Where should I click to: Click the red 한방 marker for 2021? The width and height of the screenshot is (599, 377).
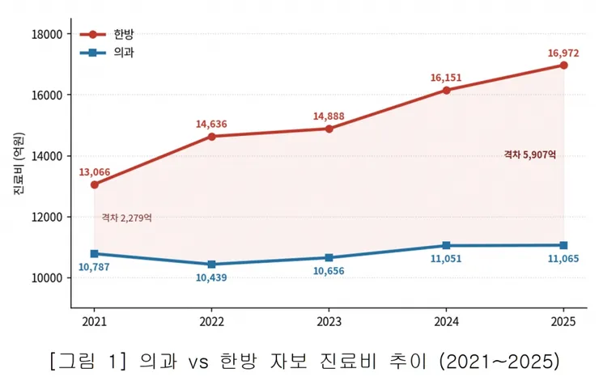pos(95,185)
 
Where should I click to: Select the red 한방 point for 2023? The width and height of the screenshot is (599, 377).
pos(329,129)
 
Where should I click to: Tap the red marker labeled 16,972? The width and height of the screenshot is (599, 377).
pos(563,66)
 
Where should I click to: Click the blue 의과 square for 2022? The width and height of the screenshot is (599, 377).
pos(211,265)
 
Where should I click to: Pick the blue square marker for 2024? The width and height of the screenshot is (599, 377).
pos(446,246)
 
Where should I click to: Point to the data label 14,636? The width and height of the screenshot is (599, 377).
pos(211,124)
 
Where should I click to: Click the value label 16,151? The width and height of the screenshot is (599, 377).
pos(446,78)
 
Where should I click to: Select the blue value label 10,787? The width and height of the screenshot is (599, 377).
pos(94,267)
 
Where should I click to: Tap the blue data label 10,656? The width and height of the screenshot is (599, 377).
pos(329,271)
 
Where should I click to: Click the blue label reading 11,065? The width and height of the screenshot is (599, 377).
pos(563,259)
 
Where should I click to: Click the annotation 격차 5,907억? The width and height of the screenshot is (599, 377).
pos(530,155)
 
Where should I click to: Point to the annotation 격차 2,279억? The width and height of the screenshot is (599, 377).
pos(126,218)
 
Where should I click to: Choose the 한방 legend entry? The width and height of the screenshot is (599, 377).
pos(107,34)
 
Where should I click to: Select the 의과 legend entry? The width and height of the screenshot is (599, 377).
pos(107,53)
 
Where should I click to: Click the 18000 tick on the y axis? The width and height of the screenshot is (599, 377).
pos(47,34)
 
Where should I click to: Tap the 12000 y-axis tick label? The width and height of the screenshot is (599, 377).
pos(47,217)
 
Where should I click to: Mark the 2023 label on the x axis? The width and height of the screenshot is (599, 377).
pos(329,322)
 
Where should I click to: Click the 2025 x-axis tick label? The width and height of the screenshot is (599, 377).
pos(563,322)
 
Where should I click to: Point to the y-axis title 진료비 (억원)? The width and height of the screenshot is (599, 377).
pos(19,164)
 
